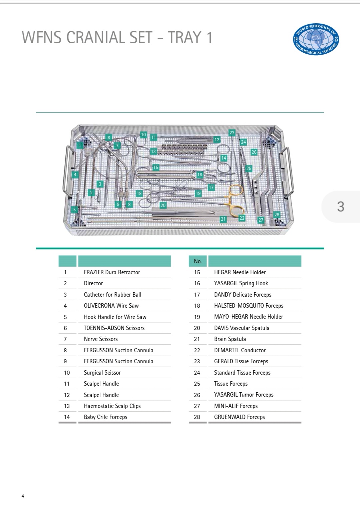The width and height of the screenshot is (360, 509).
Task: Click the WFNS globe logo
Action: click(x=316, y=39)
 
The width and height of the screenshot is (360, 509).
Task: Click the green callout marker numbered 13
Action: click(x=153, y=151)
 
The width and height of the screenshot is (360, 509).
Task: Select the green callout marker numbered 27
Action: click(x=261, y=220)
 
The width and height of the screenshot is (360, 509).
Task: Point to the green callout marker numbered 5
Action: click(x=74, y=210)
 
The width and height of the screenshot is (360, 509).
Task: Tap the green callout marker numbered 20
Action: click(x=163, y=205)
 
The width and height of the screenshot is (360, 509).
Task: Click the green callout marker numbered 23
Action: click(x=232, y=133)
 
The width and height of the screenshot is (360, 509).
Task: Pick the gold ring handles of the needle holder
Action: click(x=236, y=200)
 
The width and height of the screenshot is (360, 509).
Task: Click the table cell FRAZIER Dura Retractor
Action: click(x=112, y=272)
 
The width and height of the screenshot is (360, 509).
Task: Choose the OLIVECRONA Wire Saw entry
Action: click(x=111, y=306)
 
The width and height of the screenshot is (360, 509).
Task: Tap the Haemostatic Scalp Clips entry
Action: click(x=112, y=406)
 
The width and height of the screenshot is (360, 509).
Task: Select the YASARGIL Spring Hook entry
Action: click(x=241, y=283)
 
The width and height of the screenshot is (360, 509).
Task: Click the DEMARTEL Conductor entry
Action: click(x=240, y=350)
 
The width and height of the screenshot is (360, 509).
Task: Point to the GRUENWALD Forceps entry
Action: click(x=239, y=417)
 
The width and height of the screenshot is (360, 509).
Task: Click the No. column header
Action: click(x=198, y=261)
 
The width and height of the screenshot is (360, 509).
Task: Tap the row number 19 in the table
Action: click(x=197, y=317)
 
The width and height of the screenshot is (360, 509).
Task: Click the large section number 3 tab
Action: click(x=340, y=207)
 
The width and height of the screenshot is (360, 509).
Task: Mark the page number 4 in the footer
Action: click(x=23, y=496)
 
